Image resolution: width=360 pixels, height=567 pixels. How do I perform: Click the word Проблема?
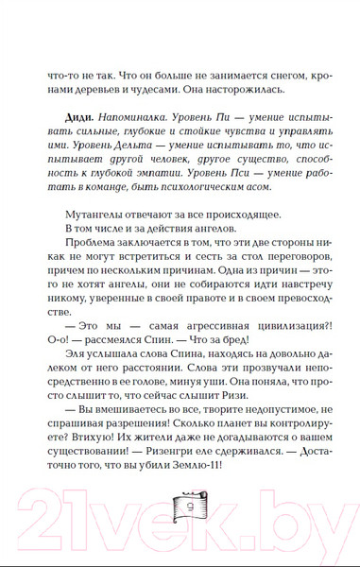[101, 276]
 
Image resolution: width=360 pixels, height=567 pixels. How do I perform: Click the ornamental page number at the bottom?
[180, 522]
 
